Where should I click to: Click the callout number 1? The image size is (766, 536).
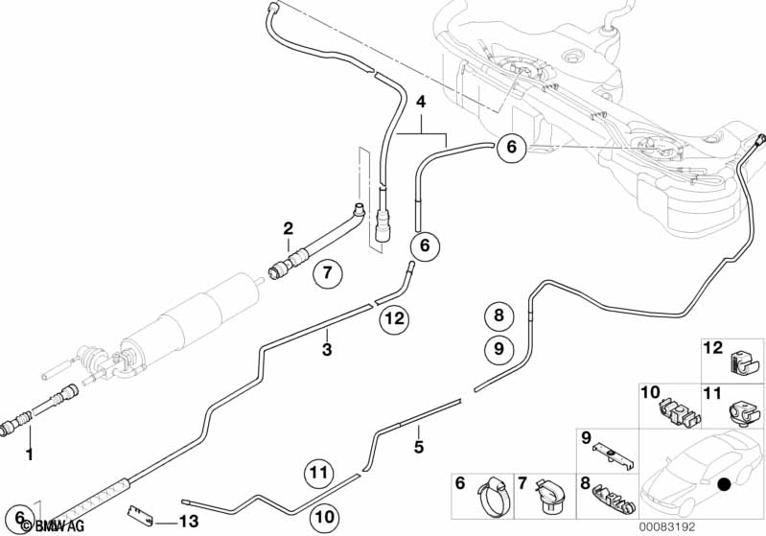click(x=29, y=454)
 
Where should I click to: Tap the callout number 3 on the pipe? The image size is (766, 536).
click(x=327, y=350)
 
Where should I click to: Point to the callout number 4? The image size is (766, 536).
click(x=420, y=100)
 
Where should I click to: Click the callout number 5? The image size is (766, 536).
click(x=418, y=446)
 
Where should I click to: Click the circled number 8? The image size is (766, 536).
click(x=498, y=315)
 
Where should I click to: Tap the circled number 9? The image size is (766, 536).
click(x=498, y=349)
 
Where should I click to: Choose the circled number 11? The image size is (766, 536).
click(x=320, y=471)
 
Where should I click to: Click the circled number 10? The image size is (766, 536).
click(x=325, y=516)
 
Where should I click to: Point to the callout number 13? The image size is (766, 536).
click(x=191, y=523)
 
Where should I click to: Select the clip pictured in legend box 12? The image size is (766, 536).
click(x=740, y=362)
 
